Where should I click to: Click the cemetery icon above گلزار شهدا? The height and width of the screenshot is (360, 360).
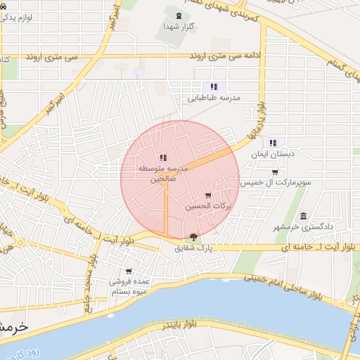178,15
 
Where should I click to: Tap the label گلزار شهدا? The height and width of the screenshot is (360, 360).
178,26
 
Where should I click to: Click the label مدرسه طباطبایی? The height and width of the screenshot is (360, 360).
213,98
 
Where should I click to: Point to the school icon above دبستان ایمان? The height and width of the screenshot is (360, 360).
274,142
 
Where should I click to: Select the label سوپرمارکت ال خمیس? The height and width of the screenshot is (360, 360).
275,183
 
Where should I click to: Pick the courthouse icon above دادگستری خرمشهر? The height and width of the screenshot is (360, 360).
303,215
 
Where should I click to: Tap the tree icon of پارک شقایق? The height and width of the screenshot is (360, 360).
194,236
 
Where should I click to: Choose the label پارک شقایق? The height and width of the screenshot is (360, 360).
191,247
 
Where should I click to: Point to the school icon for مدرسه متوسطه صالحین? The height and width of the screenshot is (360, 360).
162,157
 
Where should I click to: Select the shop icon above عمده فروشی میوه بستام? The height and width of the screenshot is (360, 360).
129,271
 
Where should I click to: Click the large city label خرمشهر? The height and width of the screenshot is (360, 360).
13,327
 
